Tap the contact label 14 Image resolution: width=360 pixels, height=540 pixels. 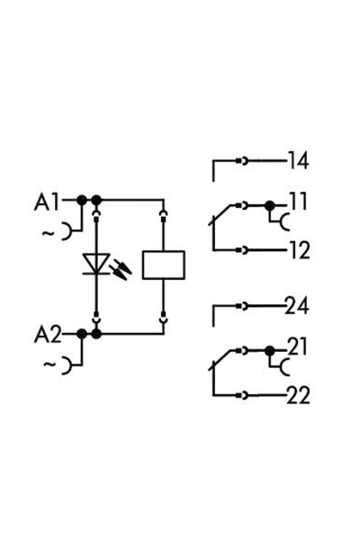(297, 162)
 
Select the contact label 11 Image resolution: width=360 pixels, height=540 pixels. (297, 203)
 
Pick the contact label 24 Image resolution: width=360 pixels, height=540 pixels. (297, 307)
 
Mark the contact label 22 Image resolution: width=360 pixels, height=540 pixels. (297, 395)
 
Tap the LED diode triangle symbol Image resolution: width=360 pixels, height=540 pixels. (95, 264)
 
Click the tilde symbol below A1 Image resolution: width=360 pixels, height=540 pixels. (46, 234)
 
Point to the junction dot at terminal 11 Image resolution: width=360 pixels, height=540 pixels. (269, 206)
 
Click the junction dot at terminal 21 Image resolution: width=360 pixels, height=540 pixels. (269, 350)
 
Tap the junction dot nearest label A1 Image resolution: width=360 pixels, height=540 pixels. (81, 200)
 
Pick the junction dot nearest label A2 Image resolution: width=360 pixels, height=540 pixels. (81, 334)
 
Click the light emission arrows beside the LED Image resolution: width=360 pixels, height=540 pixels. (121, 267)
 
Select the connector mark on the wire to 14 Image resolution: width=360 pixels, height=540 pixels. (241, 162)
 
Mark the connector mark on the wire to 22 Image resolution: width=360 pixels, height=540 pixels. (241, 395)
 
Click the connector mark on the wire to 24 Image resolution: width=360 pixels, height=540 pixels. (241, 307)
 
